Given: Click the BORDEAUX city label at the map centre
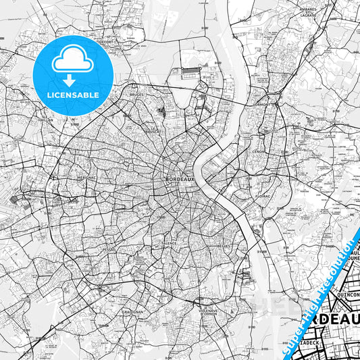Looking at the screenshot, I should tap(180, 179).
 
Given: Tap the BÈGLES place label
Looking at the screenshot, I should tap(224, 247).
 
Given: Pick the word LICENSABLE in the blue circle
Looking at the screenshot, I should tap(73, 95).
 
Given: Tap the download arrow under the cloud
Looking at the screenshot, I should tap(73, 76).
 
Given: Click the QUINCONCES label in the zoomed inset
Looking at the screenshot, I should tap(345, 295).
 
